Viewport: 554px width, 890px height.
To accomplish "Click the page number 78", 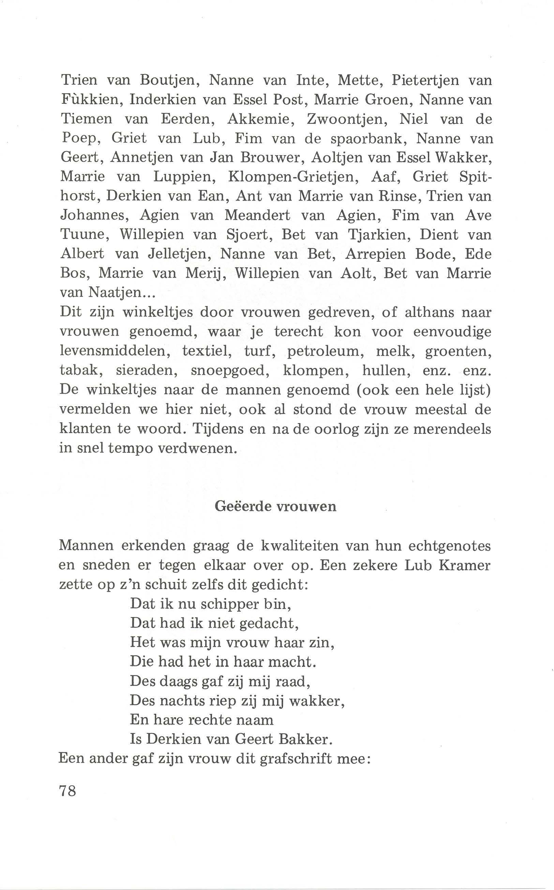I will (x=68, y=791).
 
